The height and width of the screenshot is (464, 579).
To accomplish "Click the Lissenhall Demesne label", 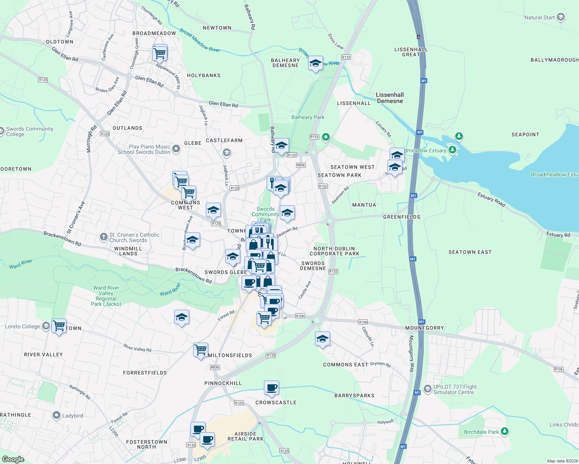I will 390,98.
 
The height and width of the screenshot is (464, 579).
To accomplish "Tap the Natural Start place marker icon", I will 561,17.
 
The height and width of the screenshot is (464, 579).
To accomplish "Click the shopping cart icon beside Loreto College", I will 59,326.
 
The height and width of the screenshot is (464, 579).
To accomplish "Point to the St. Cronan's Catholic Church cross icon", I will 103,237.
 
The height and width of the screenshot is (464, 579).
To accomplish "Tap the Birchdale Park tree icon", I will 504,432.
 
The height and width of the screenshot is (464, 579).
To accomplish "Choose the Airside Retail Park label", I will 245,436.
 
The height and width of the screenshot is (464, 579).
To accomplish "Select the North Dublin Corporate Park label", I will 334,251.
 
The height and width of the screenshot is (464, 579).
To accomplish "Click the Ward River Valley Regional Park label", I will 106,296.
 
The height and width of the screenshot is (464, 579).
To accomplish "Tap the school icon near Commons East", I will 322,339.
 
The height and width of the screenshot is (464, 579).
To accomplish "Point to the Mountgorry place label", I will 425,328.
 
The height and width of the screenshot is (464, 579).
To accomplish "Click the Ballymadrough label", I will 554,60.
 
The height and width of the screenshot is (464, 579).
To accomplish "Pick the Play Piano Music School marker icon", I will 176,149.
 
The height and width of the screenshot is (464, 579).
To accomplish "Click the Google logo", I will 13,459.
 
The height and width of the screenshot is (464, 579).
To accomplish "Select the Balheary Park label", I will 308,117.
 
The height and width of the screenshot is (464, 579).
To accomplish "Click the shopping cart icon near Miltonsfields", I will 201,350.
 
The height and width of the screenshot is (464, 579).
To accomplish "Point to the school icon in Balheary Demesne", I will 315,63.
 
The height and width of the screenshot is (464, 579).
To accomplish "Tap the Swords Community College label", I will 29,131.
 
